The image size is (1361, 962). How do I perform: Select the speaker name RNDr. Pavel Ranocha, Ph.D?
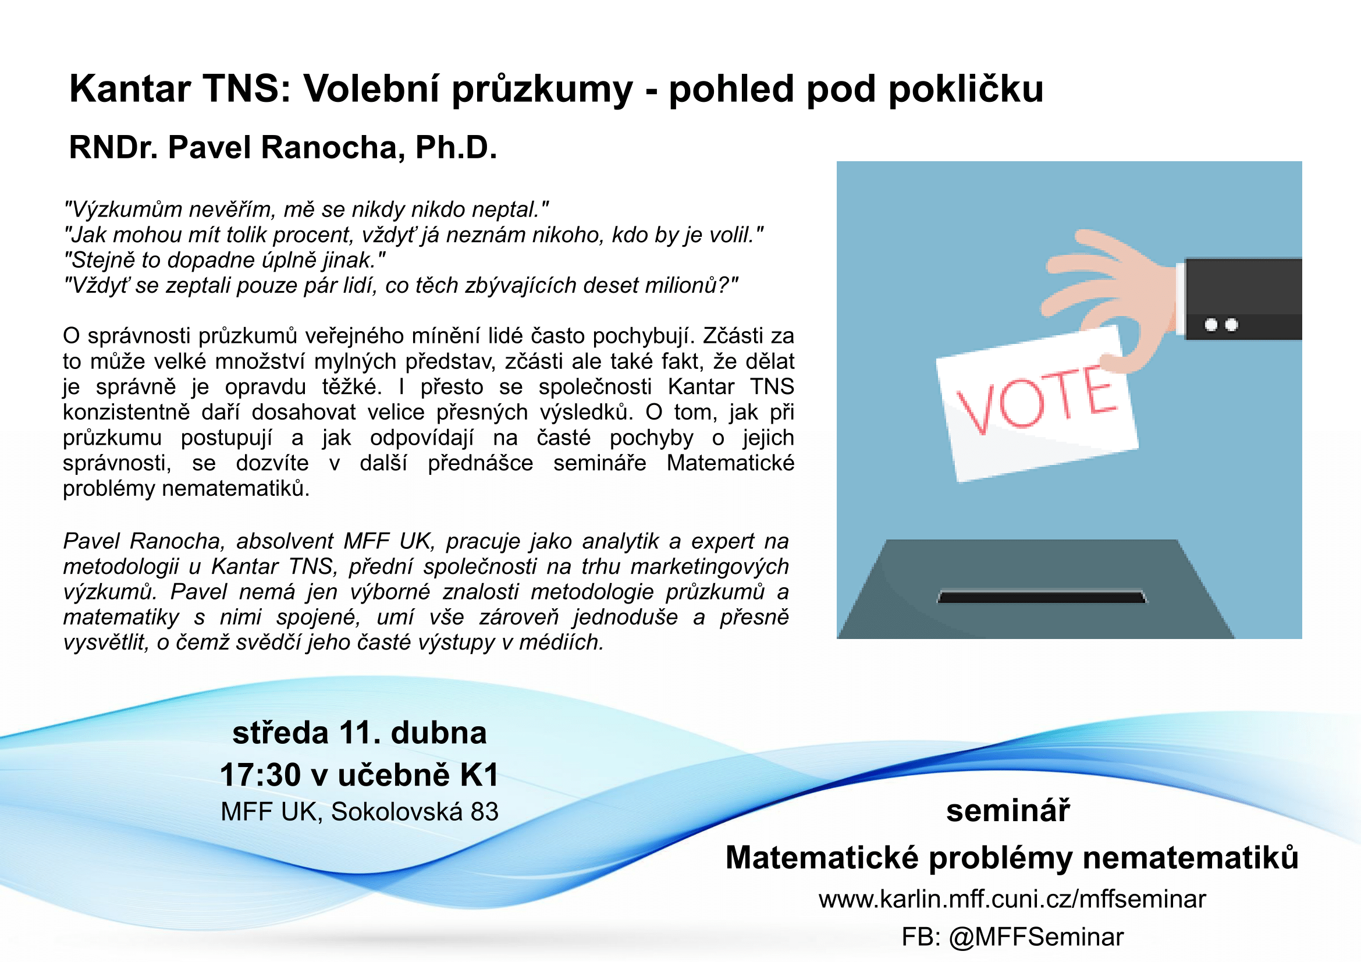(283, 148)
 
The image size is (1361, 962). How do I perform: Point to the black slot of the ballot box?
(1042, 597)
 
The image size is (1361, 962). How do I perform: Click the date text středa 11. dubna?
(359, 733)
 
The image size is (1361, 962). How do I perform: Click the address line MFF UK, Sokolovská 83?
(359, 811)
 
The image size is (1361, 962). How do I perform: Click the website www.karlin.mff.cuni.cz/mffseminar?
(1012, 899)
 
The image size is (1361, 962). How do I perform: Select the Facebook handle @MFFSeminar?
(1036, 937)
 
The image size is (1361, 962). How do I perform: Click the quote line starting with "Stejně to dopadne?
(225, 260)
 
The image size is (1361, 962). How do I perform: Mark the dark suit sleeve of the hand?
(1243, 298)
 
